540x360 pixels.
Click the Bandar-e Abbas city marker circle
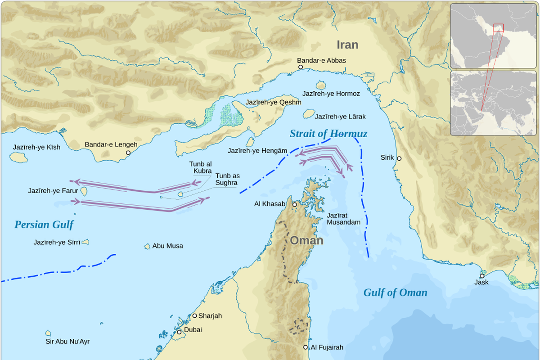tap(301, 67)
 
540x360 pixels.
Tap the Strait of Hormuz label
tap(328, 134)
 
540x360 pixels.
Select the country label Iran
tap(347, 45)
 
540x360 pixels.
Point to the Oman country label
tap(306, 240)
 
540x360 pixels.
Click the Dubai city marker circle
tap(179, 332)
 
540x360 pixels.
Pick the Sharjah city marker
tap(195, 315)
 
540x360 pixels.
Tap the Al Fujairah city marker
tap(306, 347)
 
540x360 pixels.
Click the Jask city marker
tap(482, 276)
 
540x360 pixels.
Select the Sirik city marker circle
tap(399, 158)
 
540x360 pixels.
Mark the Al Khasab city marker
tap(294, 204)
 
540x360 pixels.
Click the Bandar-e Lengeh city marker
tap(128, 153)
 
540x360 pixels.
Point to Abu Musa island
tap(147, 246)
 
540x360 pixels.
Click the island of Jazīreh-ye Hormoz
tap(321, 85)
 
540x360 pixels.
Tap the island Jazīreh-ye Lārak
tap(308, 114)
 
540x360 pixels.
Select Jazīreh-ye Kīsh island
tap(18, 157)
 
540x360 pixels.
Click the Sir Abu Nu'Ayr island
tap(48, 333)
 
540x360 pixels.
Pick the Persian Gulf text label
tap(44, 225)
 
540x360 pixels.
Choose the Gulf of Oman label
tap(395, 293)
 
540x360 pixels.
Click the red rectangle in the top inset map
tap(498, 28)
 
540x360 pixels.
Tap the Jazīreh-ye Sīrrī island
tap(85, 242)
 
